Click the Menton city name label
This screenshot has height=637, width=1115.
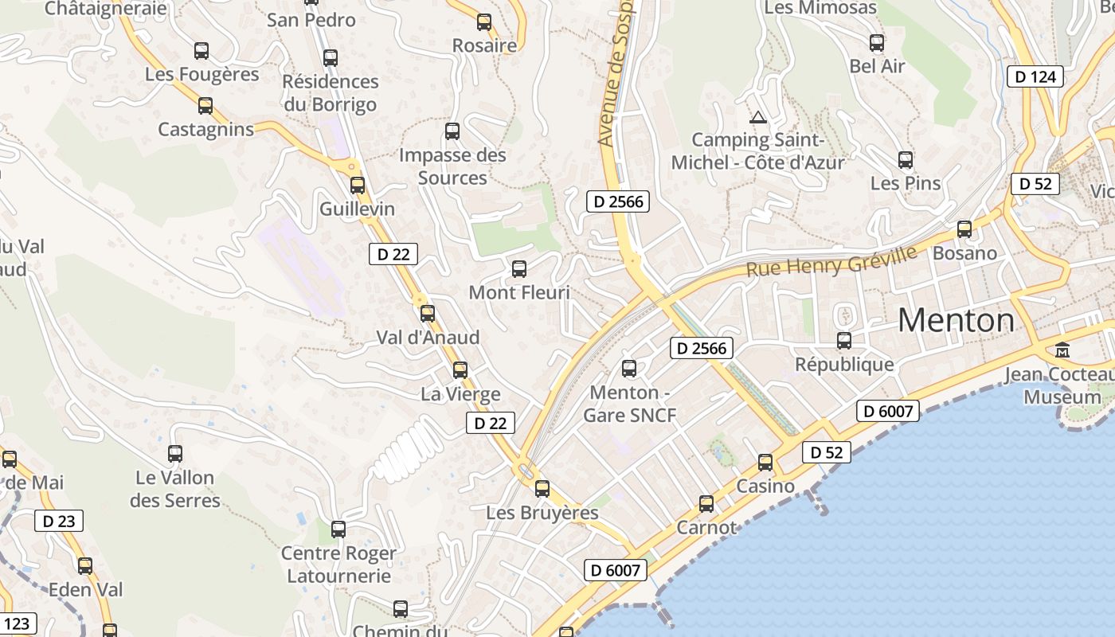pos(956,320)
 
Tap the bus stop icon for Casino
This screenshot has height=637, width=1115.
pos(765,463)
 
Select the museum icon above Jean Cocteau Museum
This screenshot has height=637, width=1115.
pos(1062,350)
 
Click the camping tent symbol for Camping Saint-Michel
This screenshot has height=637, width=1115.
pos(758,118)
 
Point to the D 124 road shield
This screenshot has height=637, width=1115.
pos(1035,76)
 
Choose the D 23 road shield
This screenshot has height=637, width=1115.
pos(59,522)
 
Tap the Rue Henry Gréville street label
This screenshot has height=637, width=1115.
pos(831,261)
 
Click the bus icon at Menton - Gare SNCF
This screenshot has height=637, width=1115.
pos(629,369)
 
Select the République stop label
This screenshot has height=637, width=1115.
pos(844,365)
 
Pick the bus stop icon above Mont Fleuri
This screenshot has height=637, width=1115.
pos(519,269)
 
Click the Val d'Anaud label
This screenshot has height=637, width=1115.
pos(428,338)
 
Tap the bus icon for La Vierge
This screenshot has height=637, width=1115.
pos(460,370)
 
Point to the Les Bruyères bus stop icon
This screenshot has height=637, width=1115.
pos(542,489)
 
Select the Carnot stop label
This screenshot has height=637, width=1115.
pos(706,527)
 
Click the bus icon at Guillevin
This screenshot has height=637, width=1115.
pos(358,186)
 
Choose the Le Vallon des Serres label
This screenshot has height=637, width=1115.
pos(174,489)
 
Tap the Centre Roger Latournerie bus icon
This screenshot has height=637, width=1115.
pos(338,530)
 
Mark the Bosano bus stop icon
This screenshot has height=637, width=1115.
pos(964,229)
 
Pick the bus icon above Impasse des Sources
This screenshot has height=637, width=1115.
pos(452,131)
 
